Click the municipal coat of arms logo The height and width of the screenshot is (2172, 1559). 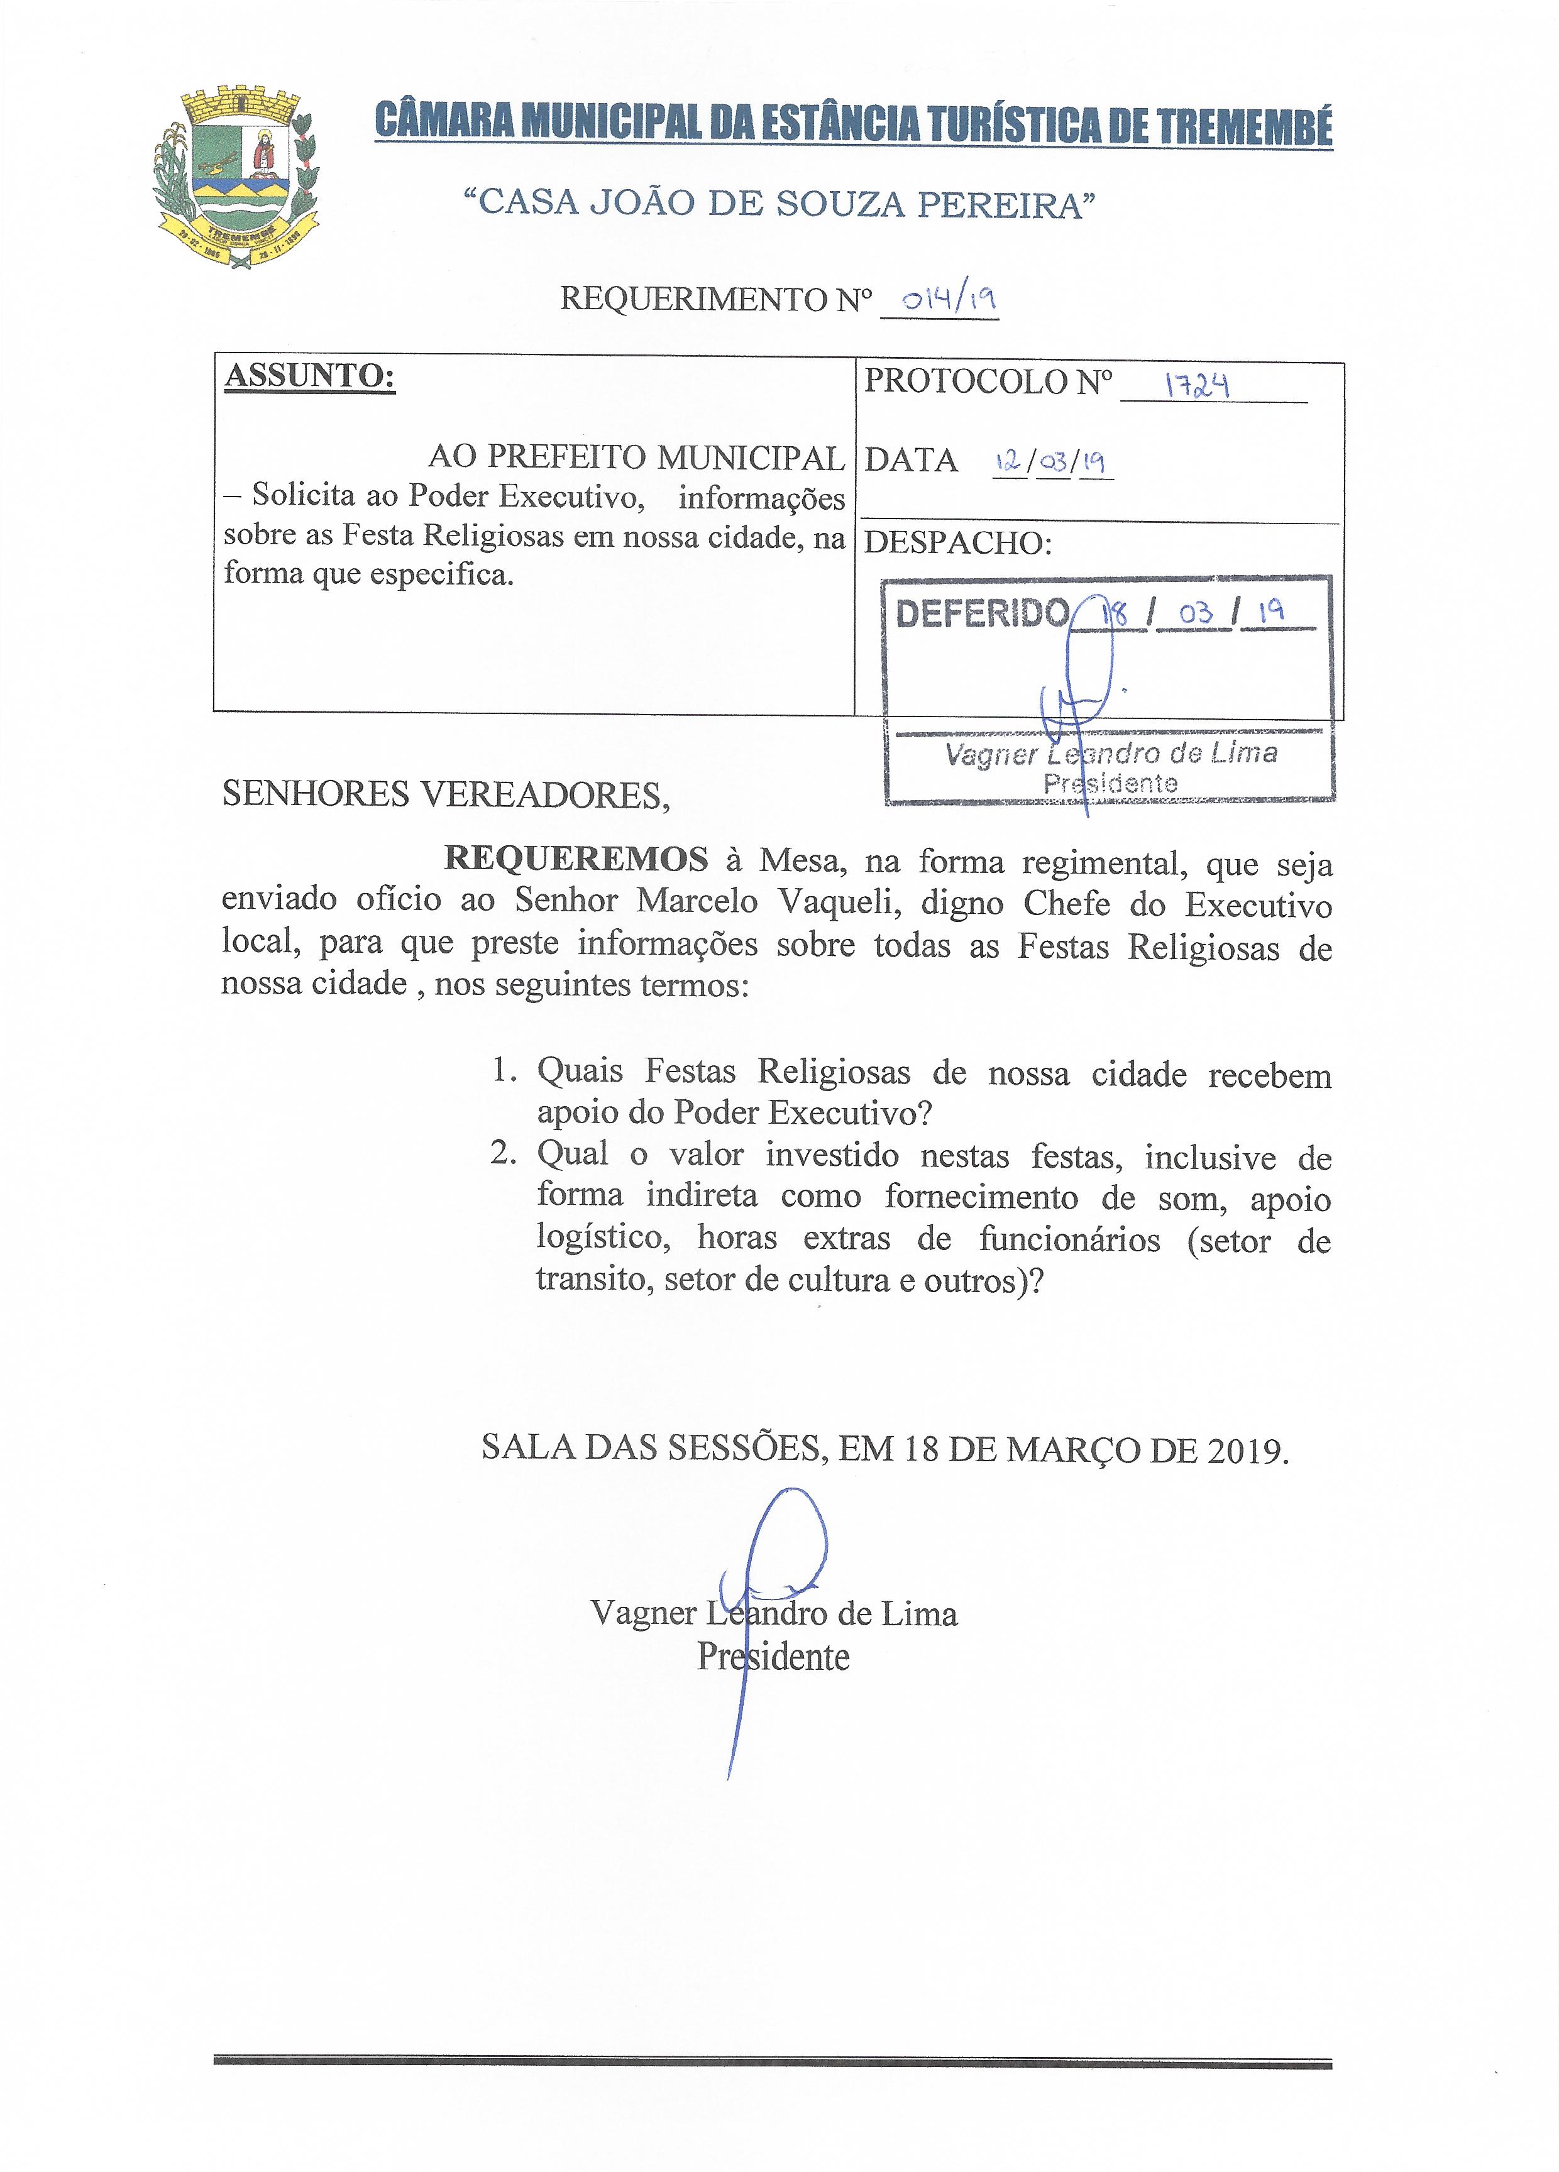pos(236,178)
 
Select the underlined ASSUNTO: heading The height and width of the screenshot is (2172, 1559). pos(309,376)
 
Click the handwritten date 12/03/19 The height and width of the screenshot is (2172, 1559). pos(1052,463)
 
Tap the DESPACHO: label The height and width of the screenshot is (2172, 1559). pos(957,543)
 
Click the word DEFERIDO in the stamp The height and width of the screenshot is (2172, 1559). pos(981,613)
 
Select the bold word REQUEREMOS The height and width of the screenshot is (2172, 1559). pos(576,859)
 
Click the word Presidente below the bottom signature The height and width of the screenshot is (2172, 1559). pos(773,1656)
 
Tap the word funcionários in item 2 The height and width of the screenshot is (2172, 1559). pos(1069,1240)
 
